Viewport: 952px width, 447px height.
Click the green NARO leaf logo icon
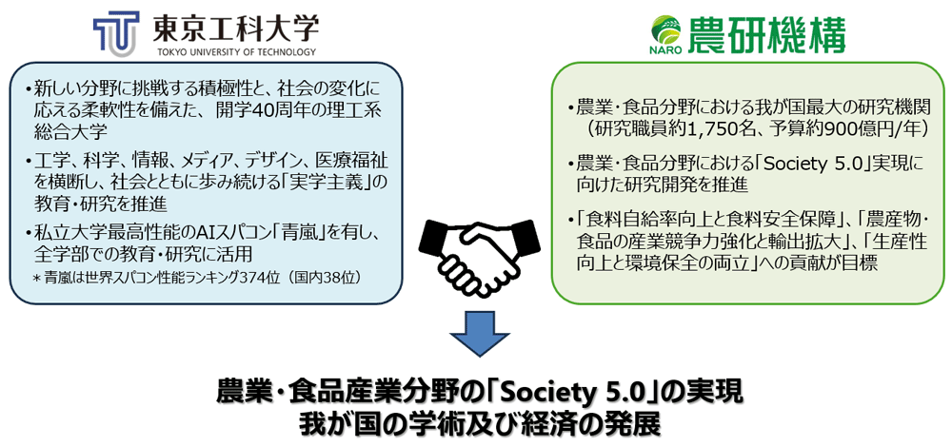[660, 26]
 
